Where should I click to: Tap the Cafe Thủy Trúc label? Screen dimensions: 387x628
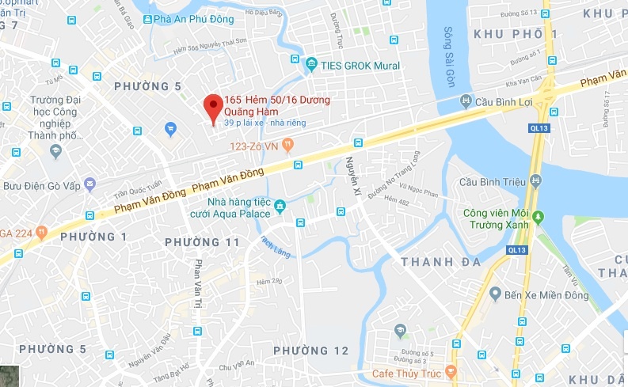407,372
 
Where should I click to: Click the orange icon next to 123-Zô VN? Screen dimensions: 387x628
288,145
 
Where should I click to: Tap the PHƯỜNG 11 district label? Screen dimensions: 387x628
204,241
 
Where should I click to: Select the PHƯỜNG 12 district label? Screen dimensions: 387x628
310,350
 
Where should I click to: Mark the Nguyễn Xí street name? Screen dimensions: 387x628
352,173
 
